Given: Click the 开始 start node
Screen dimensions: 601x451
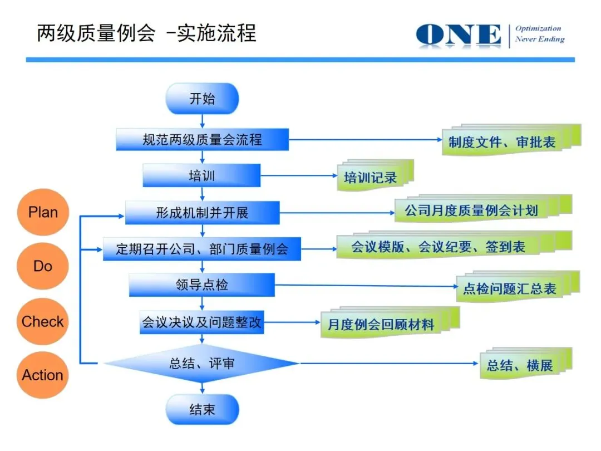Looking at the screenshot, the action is coord(202,99).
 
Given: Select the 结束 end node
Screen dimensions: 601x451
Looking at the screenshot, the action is coord(202,410).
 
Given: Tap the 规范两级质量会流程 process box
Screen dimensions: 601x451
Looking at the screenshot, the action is coord(202,140).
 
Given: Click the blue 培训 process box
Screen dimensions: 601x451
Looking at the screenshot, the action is coord(202,175).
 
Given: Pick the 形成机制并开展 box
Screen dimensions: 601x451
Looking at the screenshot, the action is coord(202,212).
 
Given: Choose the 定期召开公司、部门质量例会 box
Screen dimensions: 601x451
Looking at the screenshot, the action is coord(202,248).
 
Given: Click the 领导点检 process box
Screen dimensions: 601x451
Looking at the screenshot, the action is coord(202,285).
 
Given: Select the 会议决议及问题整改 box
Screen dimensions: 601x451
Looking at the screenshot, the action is coord(202,322).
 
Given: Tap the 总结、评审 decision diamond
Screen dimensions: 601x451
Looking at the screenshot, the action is coord(202,364).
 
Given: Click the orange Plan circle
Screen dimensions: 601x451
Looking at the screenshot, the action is coord(43,212).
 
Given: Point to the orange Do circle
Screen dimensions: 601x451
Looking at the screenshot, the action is coord(43,266).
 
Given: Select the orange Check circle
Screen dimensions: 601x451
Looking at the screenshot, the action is coord(43,321).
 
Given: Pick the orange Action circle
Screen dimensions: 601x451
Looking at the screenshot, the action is coord(43,375).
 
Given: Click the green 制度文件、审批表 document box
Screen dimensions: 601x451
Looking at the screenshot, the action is coord(502,142).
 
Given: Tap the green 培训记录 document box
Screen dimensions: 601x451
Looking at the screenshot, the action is coord(371,178).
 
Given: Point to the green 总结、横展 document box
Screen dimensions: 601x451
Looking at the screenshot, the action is coord(520,365).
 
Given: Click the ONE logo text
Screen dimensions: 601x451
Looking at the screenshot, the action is coord(459,35).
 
